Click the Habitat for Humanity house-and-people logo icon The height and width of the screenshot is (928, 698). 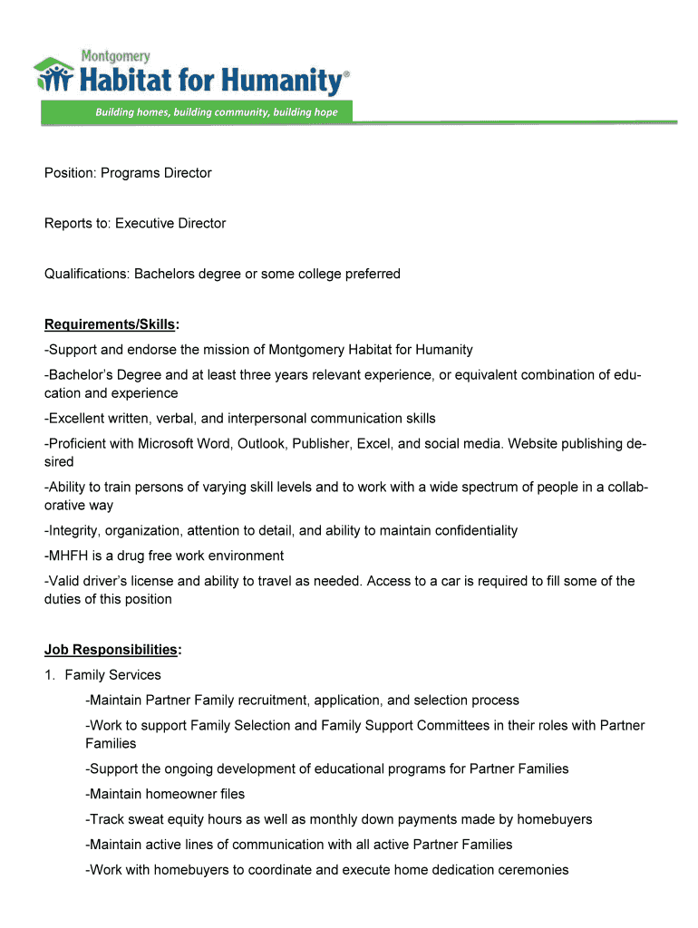[x=54, y=75]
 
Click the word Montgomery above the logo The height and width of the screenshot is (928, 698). [x=116, y=55]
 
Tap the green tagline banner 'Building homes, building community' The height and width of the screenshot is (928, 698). [x=217, y=112]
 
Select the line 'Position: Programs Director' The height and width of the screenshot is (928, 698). [x=128, y=173]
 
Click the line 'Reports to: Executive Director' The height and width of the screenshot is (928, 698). [x=135, y=223]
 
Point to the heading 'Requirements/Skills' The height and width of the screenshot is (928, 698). [x=110, y=324]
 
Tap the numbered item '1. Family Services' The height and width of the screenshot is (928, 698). [x=103, y=675]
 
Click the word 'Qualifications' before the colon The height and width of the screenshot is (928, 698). [x=85, y=274]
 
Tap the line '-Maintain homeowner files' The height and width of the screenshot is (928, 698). [x=165, y=795]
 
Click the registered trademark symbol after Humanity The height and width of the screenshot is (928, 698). [x=345, y=77]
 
